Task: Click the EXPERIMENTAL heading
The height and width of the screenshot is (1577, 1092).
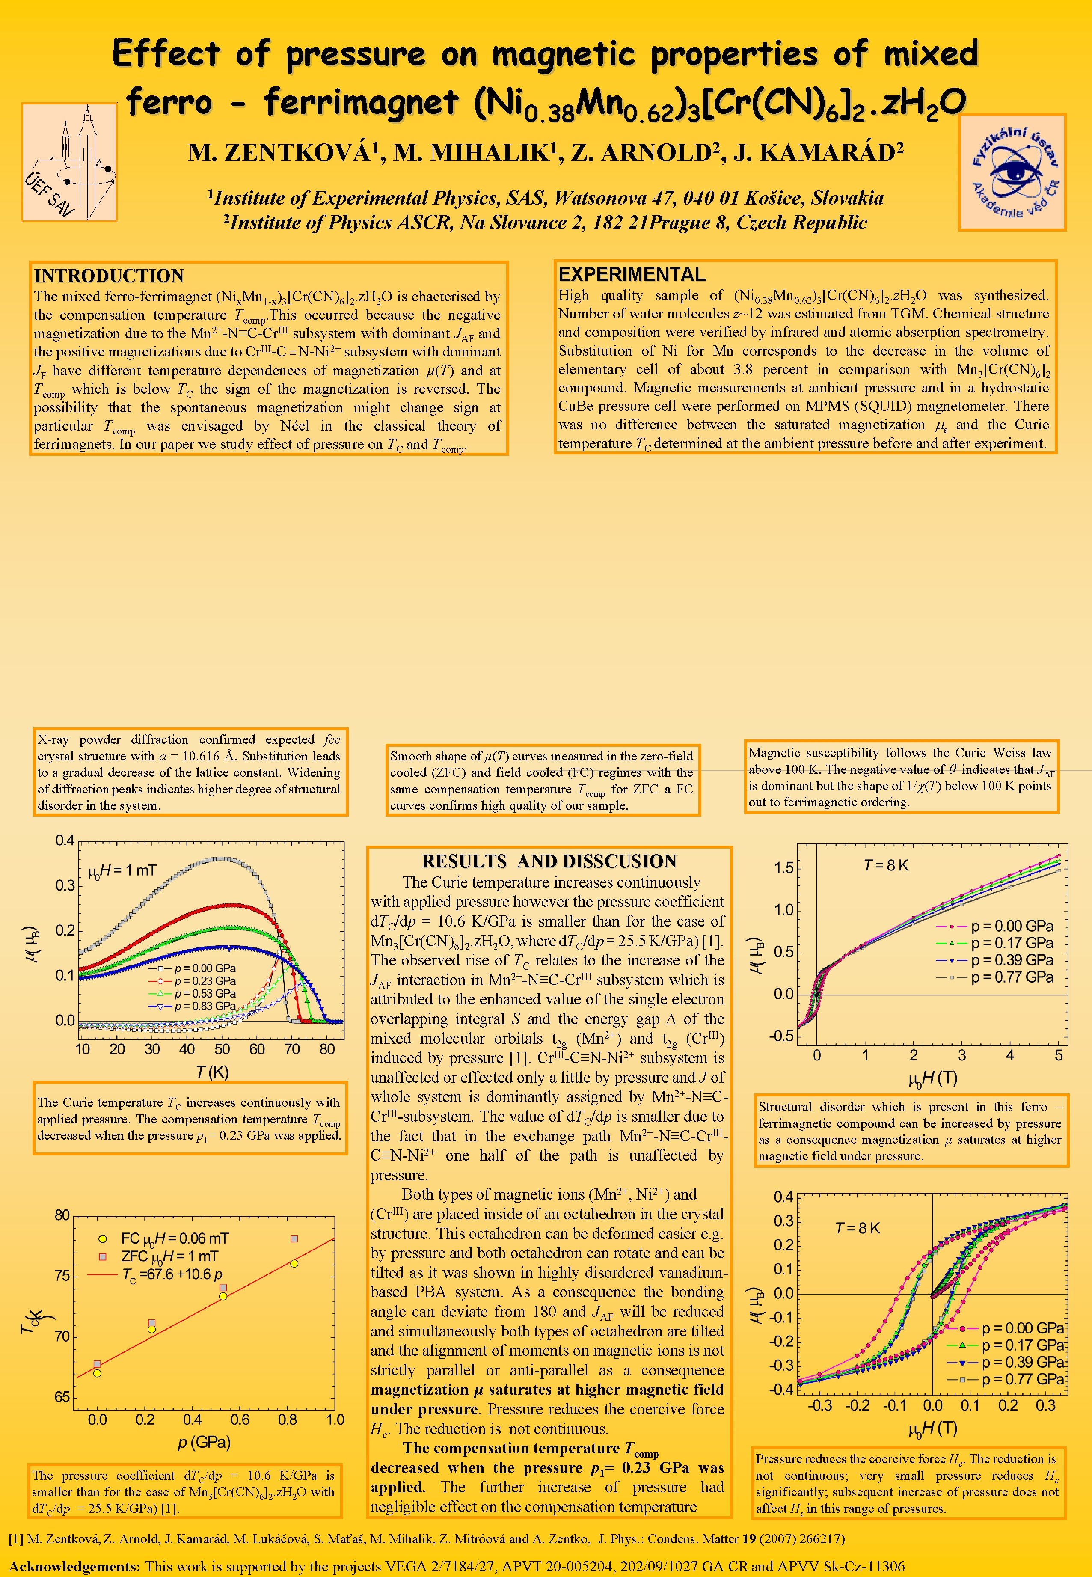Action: (x=632, y=274)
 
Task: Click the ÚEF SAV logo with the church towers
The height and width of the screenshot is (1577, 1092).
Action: (x=69, y=162)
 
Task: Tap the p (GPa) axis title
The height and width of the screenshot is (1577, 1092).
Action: (x=204, y=1443)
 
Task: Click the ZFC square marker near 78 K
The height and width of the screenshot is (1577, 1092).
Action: (x=294, y=1239)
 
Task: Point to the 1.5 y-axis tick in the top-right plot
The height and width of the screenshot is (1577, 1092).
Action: (x=783, y=869)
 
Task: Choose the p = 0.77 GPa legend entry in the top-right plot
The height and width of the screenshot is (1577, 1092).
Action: (x=1011, y=977)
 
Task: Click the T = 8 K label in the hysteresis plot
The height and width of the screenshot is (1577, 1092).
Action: (x=858, y=1228)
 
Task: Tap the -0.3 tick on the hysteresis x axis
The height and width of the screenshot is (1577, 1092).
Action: (x=820, y=1406)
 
